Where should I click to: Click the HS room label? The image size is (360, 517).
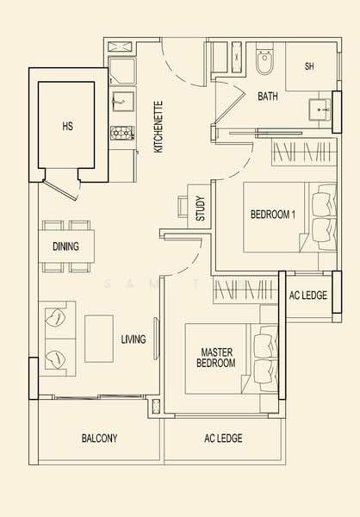click(x=68, y=126)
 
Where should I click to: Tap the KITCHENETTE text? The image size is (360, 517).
click(x=158, y=127)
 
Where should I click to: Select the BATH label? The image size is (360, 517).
click(x=268, y=97)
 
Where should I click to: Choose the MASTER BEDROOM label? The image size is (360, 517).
click(x=218, y=358)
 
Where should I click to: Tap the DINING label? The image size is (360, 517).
click(x=65, y=246)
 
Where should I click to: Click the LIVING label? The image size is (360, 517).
click(x=133, y=339)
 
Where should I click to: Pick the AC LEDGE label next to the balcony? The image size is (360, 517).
click(x=223, y=439)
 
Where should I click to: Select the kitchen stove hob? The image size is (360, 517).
click(x=121, y=133)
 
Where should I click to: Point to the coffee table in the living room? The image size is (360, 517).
click(x=98, y=338)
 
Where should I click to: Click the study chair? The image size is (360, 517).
click(x=183, y=207)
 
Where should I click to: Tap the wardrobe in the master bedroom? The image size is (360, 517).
click(x=245, y=290)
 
